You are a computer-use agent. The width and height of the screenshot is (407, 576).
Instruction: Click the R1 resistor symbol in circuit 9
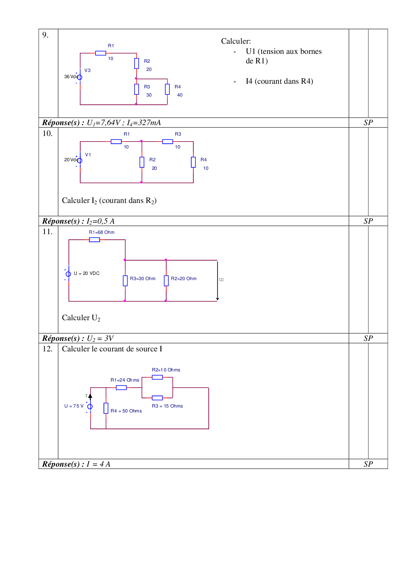pos(100,53)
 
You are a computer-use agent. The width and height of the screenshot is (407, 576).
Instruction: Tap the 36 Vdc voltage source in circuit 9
pos(79,77)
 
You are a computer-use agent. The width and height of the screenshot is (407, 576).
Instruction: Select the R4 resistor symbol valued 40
pos(167,89)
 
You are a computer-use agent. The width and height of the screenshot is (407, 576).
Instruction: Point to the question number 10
pos(47,133)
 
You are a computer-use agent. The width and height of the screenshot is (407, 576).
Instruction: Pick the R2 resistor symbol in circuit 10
pos(142,162)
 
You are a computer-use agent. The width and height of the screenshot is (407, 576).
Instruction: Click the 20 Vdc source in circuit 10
pos(79,161)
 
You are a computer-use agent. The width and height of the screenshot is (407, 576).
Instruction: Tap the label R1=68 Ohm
pos(102,232)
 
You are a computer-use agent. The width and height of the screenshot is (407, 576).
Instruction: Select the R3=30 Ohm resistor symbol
pos(125,281)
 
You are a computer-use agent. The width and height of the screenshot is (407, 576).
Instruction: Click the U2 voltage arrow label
pos(221,280)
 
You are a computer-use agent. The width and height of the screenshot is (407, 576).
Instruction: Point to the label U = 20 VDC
pos(87,273)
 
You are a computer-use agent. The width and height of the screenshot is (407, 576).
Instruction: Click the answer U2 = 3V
pos(100,339)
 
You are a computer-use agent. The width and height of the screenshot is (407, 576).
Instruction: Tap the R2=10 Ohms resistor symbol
pos(157,377)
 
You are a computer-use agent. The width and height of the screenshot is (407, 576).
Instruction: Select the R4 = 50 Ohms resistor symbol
pos(106,408)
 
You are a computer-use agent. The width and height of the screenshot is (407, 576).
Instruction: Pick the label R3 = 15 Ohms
pos(167,406)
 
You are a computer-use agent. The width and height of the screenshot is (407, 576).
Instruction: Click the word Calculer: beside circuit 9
pos(236,41)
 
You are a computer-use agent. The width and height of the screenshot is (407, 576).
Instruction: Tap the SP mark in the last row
pos(368,464)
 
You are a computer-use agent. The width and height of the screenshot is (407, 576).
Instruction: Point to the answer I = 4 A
pos(98,464)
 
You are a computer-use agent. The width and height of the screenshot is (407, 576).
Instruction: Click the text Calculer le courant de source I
pos(112,349)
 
